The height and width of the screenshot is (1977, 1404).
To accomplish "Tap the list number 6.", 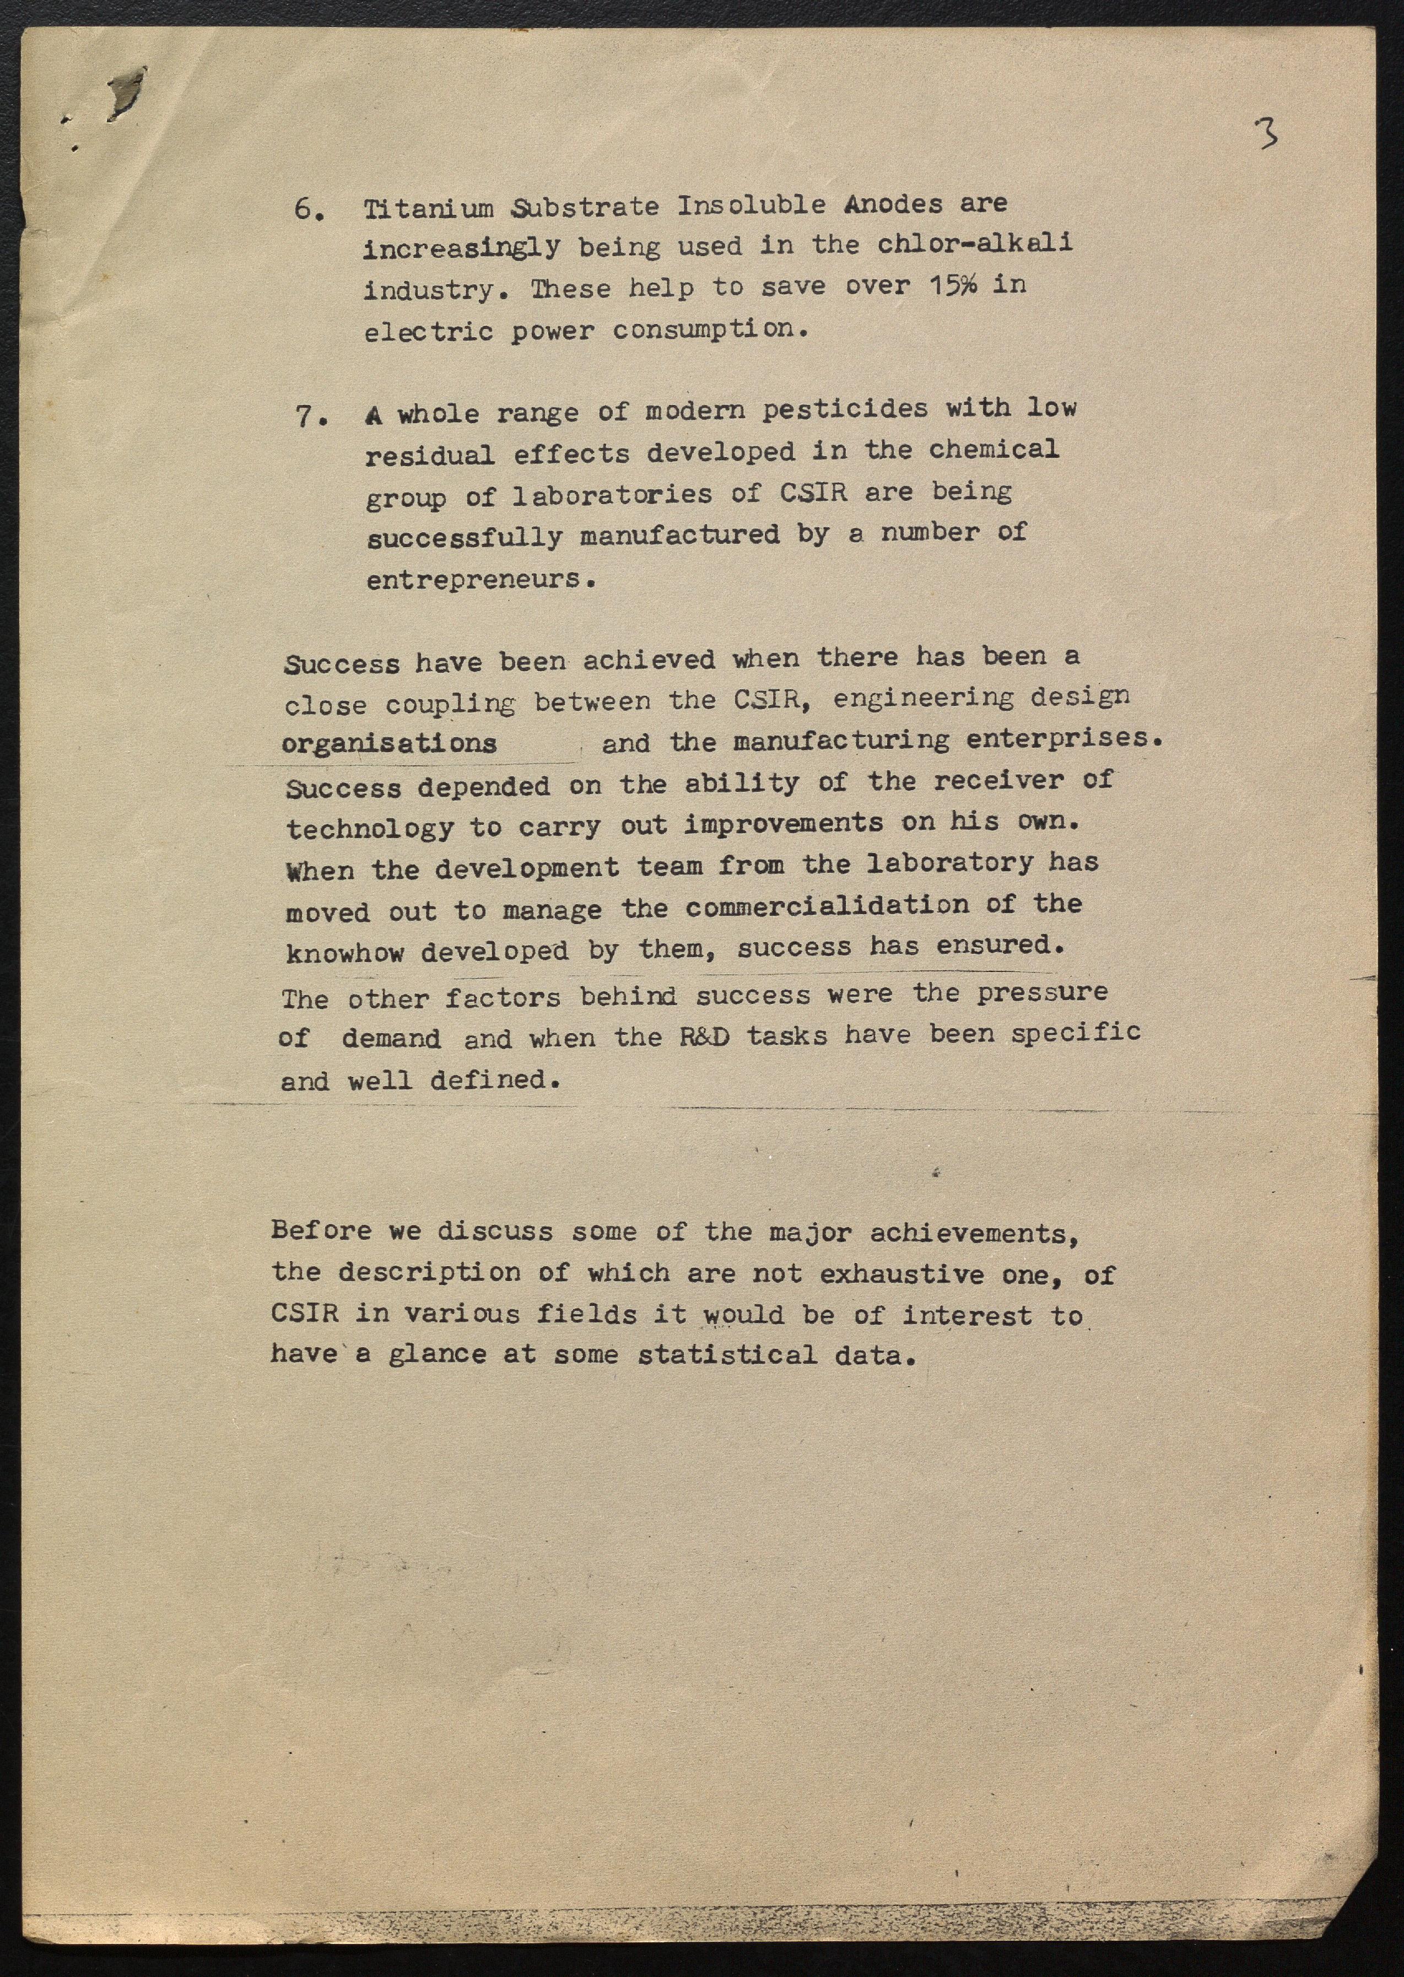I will (x=308, y=210).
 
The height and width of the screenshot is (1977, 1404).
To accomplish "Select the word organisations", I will (x=389, y=743).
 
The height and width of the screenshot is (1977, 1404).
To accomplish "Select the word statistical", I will (x=726, y=1354).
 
